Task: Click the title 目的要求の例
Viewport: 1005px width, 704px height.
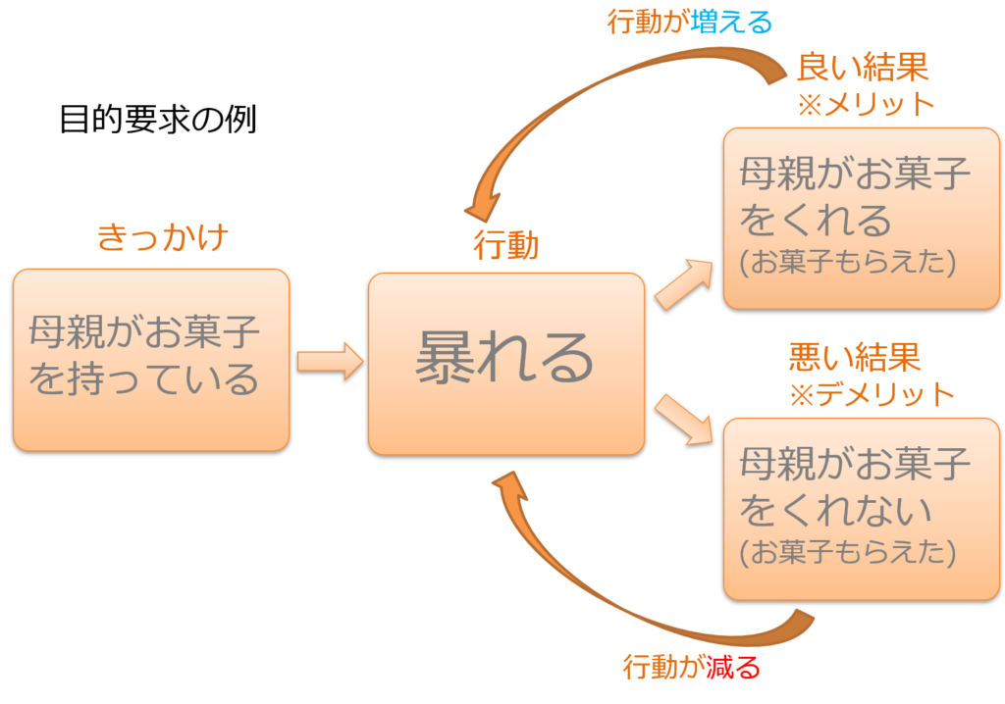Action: (158, 120)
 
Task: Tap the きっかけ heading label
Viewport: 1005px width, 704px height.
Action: (163, 237)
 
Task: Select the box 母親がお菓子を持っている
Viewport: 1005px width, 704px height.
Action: (151, 360)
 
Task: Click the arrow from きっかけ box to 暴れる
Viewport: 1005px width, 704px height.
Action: (330, 361)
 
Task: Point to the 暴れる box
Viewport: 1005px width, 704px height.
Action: (506, 364)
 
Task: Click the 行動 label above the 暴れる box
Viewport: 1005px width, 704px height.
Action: (506, 245)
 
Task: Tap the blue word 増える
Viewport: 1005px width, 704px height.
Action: (731, 23)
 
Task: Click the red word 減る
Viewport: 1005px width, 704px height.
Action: (733, 668)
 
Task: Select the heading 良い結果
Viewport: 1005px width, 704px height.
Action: (863, 68)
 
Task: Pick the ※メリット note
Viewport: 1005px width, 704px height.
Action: (866, 104)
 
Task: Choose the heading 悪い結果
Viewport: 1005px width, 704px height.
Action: (855, 357)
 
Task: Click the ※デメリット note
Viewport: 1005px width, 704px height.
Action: (873, 394)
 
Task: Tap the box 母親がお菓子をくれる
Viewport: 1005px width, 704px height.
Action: (862, 219)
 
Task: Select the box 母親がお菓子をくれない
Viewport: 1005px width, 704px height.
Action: (862, 509)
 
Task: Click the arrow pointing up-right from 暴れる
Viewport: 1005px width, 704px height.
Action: (684, 284)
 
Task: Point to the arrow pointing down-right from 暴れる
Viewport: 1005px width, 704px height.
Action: (684, 420)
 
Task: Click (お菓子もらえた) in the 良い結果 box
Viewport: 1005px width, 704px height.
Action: (848, 262)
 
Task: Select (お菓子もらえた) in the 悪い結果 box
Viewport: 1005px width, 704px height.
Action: (848, 552)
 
